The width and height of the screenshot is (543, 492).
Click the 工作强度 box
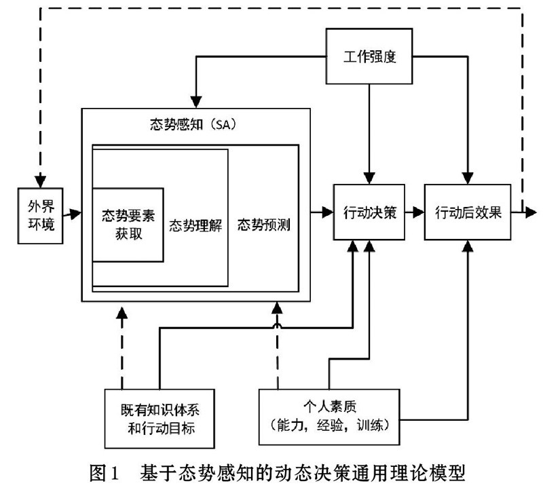coord(369,56)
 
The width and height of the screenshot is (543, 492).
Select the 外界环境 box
coord(40,216)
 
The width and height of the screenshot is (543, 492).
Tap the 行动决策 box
coord(369,212)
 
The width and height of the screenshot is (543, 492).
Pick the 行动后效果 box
coord(468,212)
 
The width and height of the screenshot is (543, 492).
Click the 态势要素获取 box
coord(128,225)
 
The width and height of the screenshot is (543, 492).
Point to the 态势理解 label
coord(195,226)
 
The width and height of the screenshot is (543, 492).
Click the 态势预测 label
coord(264,225)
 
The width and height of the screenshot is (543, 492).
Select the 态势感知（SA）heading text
coord(193,124)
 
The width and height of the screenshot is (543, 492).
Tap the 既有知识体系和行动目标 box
coord(160,419)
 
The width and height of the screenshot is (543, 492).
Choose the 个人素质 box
coord(329,417)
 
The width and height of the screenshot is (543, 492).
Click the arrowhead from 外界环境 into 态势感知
coord(75,213)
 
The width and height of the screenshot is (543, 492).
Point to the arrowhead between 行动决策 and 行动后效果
coord(418,212)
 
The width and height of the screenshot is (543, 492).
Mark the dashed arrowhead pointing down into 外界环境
coord(41,182)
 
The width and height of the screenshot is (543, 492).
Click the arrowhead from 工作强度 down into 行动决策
coord(369,178)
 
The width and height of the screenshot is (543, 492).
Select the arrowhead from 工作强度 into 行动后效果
coord(468,178)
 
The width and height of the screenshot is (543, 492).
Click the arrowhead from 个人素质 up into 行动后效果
coord(468,246)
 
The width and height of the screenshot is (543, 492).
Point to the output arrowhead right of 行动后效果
coord(531,212)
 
